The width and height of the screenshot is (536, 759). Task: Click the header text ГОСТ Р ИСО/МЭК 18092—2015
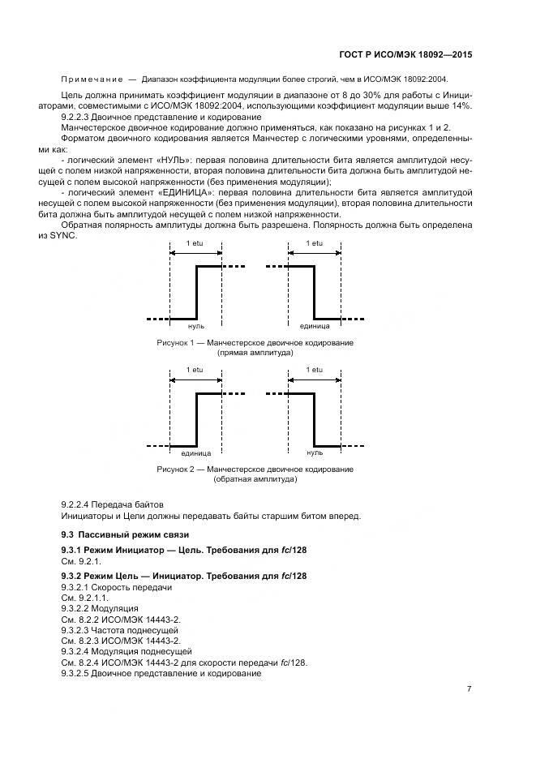(406, 54)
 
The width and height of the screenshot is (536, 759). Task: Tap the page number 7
(469, 688)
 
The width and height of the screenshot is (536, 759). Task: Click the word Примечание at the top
(92, 79)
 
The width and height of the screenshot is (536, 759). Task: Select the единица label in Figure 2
(196, 453)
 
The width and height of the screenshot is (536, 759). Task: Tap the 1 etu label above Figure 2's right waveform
(314, 370)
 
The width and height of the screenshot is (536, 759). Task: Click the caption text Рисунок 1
(175, 343)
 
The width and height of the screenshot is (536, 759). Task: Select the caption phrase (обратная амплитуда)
(255, 479)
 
